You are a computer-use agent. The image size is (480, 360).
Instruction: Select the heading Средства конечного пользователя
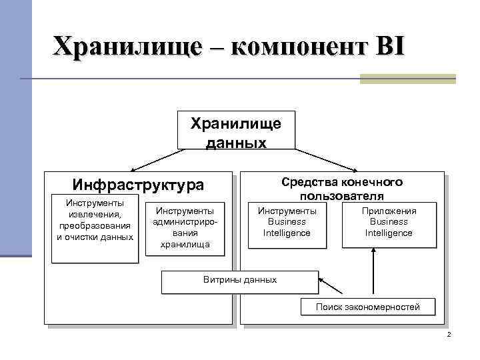tap(342, 189)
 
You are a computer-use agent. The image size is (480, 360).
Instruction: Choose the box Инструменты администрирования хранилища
tap(185, 227)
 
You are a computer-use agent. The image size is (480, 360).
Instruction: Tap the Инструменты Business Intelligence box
tap(287, 222)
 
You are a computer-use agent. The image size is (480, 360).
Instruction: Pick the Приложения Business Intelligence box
tap(389, 222)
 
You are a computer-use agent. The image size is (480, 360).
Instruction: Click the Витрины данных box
tap(239, 280)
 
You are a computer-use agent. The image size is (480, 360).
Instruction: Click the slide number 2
tap(449, 335)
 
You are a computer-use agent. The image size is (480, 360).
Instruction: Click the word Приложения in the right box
tap(389, 211)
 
